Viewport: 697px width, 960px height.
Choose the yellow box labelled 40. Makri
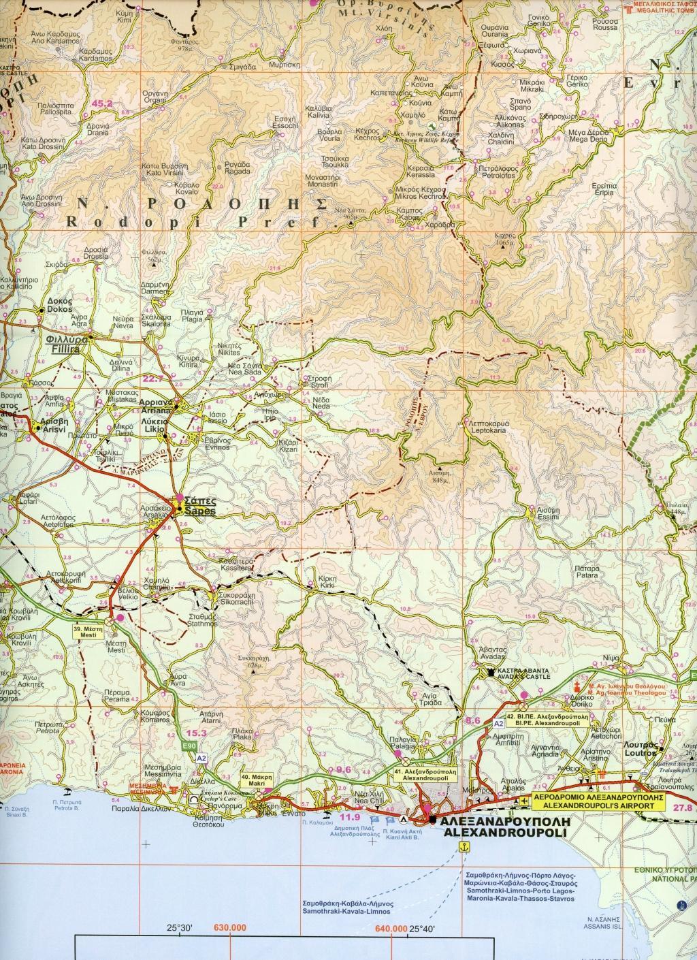click(x=255, y=780)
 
